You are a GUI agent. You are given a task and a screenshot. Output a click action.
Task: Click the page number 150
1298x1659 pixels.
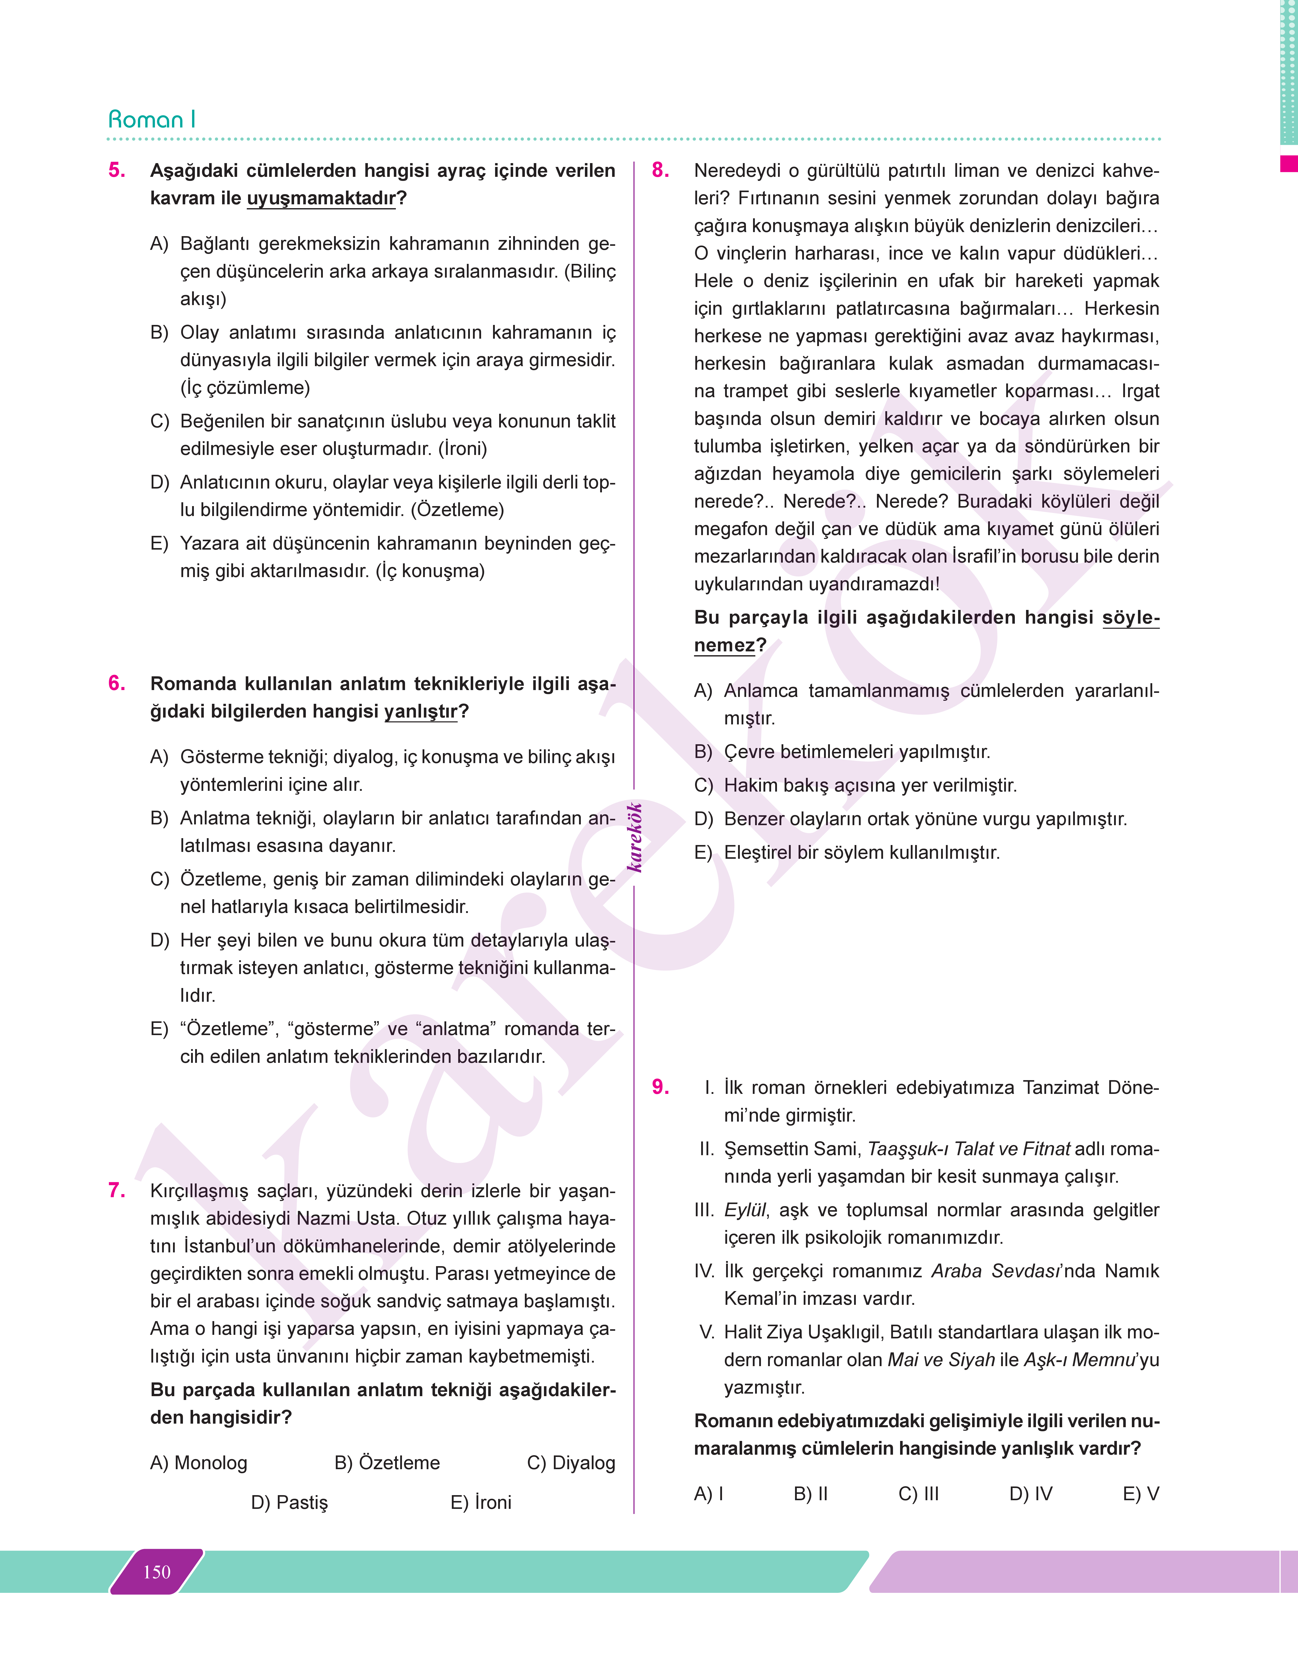(x=156, y=1572)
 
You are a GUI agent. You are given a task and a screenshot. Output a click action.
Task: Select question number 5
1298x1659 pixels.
(x=117, y=170)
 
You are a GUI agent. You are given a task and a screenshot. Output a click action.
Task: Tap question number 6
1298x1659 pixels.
(x=117, y=683)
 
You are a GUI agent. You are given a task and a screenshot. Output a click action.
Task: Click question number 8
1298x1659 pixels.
(x=660, y=170)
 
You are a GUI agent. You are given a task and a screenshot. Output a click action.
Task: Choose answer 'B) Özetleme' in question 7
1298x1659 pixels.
(x=387, y=1463)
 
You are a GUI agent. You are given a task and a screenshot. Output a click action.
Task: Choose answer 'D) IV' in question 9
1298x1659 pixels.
(x=1031, y=1494)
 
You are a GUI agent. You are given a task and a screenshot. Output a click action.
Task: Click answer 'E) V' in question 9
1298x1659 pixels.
(x=1141, y=1494)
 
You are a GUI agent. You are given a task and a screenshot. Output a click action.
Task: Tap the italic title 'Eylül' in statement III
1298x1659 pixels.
(x=745, y=1210)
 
